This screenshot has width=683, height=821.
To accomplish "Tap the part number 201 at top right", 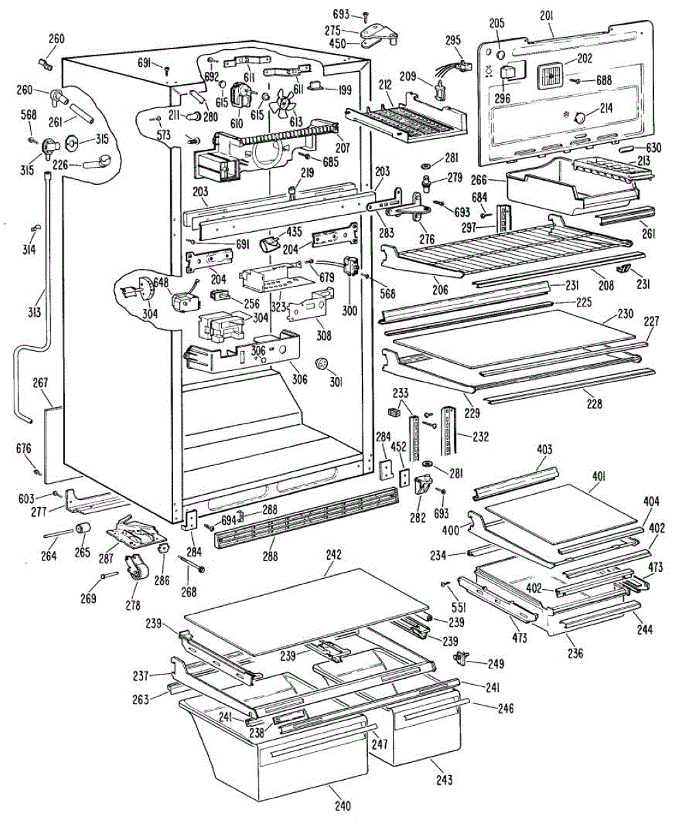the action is (x=547, y=16).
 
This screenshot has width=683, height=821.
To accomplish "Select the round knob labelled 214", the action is (x=580, y=117).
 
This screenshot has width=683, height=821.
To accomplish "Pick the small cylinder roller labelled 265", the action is (x=83, y=529).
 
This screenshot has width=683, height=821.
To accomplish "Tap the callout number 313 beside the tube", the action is (x=35, y=312).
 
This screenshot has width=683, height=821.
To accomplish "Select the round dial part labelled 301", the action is (x=322, y=364).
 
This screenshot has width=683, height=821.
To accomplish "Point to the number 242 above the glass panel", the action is (x=334, y=554).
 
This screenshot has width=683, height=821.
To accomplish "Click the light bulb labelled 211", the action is (x=195, y=116).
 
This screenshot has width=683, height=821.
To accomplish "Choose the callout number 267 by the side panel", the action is (x=40, y=382).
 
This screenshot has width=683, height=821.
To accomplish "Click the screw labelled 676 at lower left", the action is (x=38, y=470).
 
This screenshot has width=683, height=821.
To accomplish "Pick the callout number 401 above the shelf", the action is (x=598, y=477).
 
